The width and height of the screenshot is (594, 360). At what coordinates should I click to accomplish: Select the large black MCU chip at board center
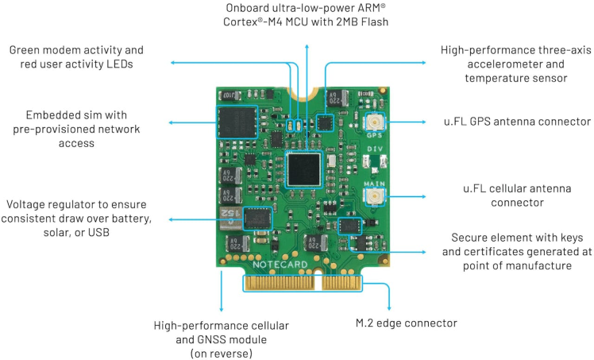305,169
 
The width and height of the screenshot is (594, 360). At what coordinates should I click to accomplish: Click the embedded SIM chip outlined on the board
236,124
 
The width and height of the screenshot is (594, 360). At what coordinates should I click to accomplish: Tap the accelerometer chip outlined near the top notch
326,122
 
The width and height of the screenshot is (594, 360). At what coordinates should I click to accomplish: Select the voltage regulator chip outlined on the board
256,218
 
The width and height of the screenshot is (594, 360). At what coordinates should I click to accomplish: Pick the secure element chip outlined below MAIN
348,226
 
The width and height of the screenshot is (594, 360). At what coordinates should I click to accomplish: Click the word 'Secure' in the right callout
471,238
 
